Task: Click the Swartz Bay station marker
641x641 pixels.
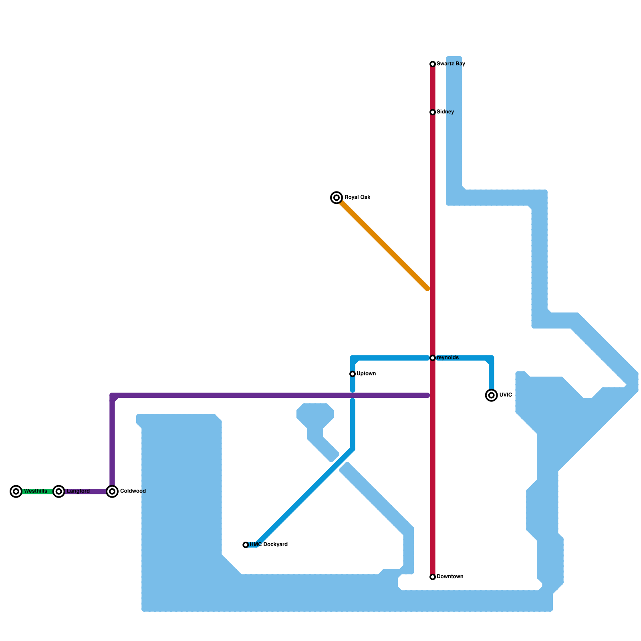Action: point(433,64)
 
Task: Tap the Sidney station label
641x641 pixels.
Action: point(445,112)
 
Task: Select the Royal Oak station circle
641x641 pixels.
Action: point(337,198)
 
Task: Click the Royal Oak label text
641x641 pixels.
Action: point(357,198)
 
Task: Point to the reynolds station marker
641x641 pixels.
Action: point(433,358)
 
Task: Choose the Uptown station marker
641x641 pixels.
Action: point(353,374)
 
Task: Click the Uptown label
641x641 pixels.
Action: point(366,374)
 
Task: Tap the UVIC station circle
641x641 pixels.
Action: point(492,395)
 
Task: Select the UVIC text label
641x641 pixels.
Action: point(506,395)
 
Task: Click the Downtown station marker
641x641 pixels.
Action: point(433,577)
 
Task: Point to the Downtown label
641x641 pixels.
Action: point(450,577)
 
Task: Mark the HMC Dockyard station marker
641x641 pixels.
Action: point(246,545)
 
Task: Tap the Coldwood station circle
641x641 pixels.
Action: point(113,491)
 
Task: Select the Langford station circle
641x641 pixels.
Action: point(59,491)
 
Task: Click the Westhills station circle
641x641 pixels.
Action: point(16,491)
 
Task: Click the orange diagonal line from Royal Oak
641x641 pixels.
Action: point(383,243)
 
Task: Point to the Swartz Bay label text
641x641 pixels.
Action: point(451,64)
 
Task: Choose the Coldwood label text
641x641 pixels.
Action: point(133,491)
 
